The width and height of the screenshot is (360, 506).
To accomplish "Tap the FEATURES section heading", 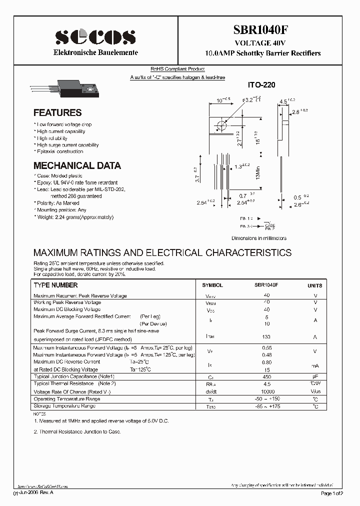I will click(57, 113).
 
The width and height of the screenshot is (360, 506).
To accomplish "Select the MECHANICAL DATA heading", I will click(77, 166).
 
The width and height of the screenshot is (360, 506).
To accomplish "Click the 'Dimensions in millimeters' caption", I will click(258, 238).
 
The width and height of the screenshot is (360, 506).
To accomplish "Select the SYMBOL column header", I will click(212, 285).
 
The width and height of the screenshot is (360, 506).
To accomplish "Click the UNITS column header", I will click(315, 285).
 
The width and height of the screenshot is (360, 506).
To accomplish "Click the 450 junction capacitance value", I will click(266, 376).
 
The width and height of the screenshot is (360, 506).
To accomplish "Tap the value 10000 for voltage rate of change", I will click(267, 391).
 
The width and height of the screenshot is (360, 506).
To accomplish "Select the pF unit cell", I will click(315, 376).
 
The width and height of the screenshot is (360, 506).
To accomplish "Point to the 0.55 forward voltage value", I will click(266, 347).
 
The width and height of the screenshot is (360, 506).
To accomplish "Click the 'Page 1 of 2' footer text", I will click(331, 493).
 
